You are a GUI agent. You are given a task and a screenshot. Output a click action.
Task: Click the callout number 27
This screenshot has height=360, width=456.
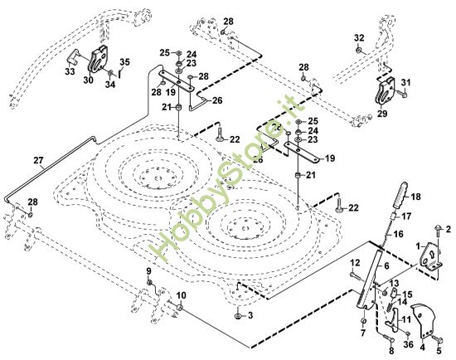click(x=37, y=159)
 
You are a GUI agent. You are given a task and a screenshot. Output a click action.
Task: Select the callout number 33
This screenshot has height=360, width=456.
click(x=69, y=71)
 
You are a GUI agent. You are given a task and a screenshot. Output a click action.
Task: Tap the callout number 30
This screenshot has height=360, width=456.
click(x=88, y=80)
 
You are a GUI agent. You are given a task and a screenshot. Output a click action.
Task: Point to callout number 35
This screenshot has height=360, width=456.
click(x=124, y=61)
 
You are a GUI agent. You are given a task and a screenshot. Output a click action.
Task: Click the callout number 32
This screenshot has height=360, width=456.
click(x=359, y=38)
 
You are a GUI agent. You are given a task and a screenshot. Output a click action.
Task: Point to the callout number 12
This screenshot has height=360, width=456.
click(x=354, y=263)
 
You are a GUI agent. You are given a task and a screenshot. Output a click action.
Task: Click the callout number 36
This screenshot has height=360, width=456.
click(x=408, y=343)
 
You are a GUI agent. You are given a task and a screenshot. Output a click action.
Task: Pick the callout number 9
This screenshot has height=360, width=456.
click(x=149, y=271)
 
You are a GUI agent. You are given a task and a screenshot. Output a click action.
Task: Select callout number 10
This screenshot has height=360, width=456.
click(x=182, y=296)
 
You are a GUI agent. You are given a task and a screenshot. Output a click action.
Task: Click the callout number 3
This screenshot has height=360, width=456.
click(x=250, y=317)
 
